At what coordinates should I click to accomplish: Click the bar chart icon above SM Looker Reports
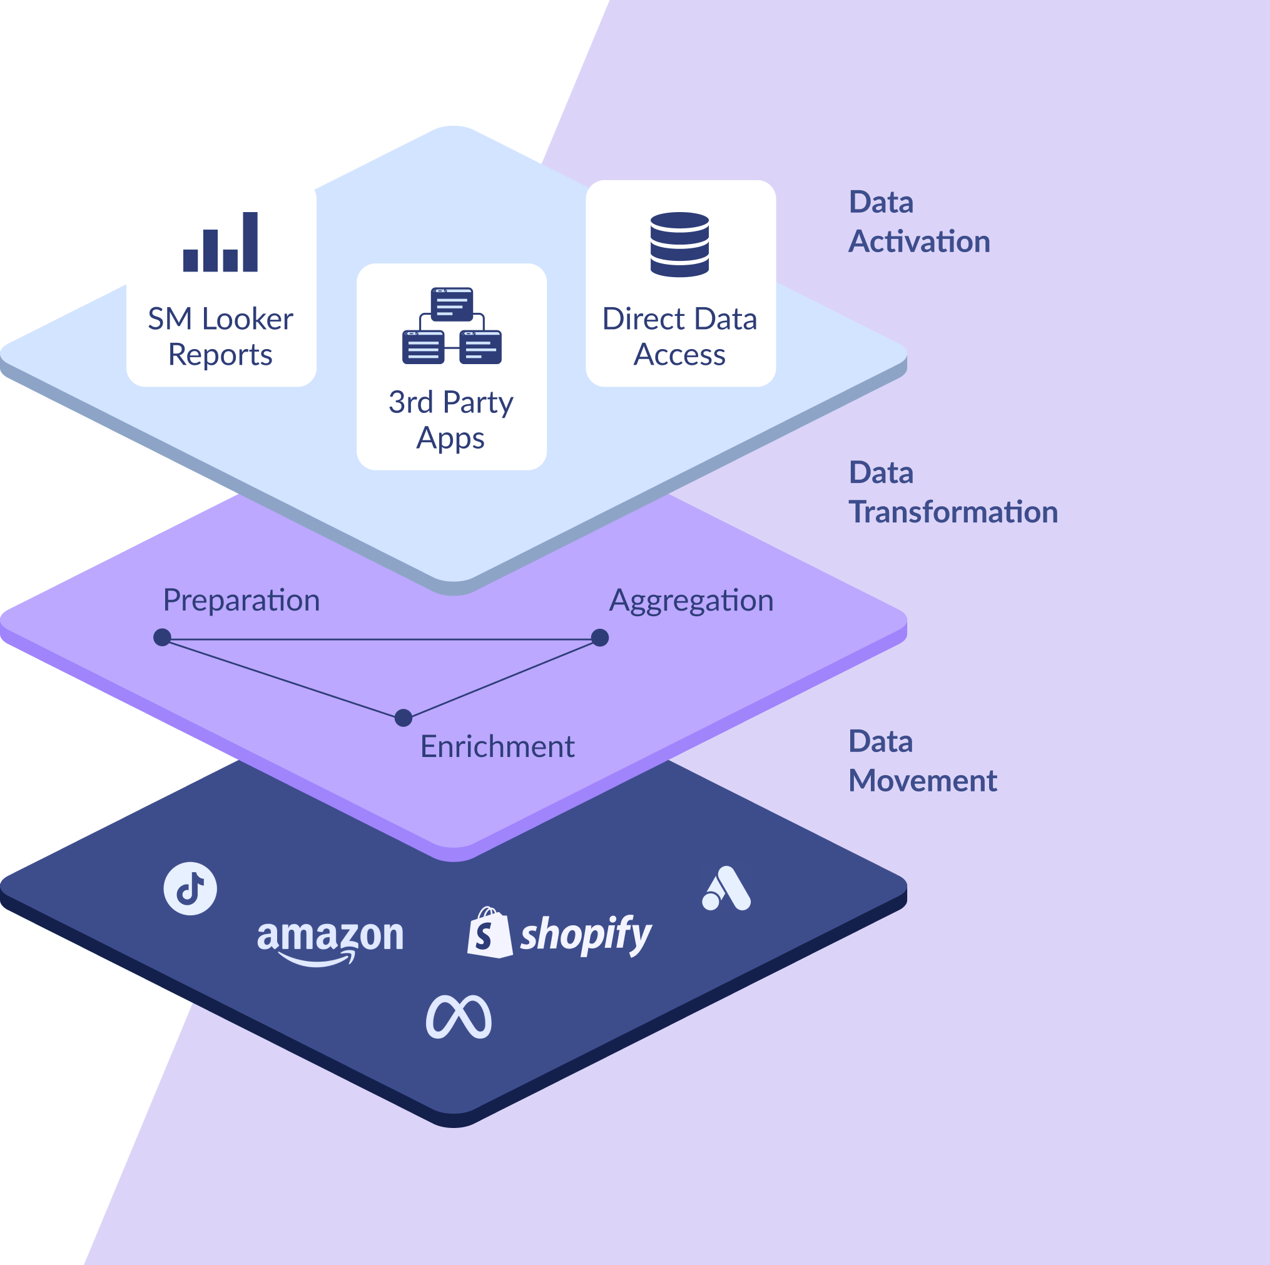pos(220,242)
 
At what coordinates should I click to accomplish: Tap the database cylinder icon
pos(679,244)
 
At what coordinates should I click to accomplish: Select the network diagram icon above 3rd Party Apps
pos(452,325)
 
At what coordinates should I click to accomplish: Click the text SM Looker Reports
pos(220,337)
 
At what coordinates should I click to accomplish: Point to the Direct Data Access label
pos(679,337)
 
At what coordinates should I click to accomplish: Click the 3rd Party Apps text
pos(451,419)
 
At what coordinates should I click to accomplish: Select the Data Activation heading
pos(918,221)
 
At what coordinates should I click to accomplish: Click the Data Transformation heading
pos(952,492)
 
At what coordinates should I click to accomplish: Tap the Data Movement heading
pos(922,761)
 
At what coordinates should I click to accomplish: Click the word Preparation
pos(241,601)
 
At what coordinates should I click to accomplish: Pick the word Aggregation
pos(691,601)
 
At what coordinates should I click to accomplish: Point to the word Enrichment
pos(497,747)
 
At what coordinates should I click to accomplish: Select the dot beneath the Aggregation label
pos(599,637)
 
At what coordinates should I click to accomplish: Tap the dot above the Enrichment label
pos(404,718)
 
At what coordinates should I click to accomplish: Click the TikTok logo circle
pos(190,888)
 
